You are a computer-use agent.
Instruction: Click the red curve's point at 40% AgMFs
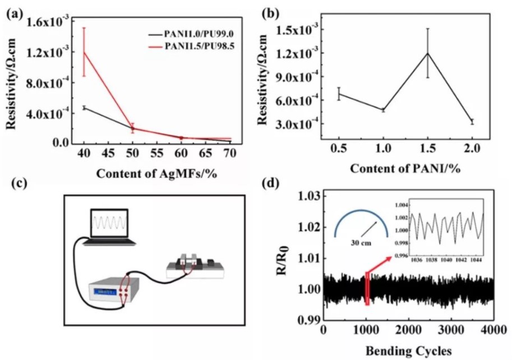click(x=84, y=53)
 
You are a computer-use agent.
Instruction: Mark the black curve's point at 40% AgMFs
click(x=84, y=108)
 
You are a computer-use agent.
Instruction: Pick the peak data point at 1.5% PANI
click(x=427, y=53)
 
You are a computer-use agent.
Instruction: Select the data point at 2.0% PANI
click(x=472, y=121)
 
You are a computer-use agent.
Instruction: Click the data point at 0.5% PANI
click(x=339, y=94)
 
